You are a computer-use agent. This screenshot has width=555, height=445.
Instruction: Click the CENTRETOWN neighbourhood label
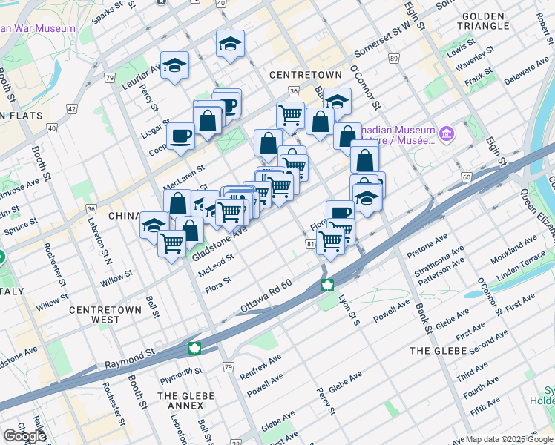[x=305, y=75]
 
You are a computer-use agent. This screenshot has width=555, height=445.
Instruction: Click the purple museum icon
[x=446, y=133]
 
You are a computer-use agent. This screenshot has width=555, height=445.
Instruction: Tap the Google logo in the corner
[x=24, y=436]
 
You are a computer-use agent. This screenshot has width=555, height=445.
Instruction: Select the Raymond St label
[x=129, y=360]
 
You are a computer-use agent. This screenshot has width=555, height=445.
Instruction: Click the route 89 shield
[x=393, y=59]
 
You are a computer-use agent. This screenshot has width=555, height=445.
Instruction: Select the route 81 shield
[x=310, y=243]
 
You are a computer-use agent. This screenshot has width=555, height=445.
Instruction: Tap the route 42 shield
[x=72, y=109]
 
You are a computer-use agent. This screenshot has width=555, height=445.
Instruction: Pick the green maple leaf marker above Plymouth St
[x=194, y=347]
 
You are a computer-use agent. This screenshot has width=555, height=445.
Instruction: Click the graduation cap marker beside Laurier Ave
[x=174, y=65]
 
